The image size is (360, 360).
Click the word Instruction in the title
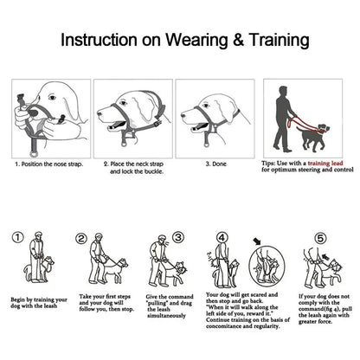point(106,40)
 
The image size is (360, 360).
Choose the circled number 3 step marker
point(177,236)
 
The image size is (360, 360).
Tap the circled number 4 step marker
point(221,237)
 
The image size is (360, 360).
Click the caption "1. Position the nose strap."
point(48,162)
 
